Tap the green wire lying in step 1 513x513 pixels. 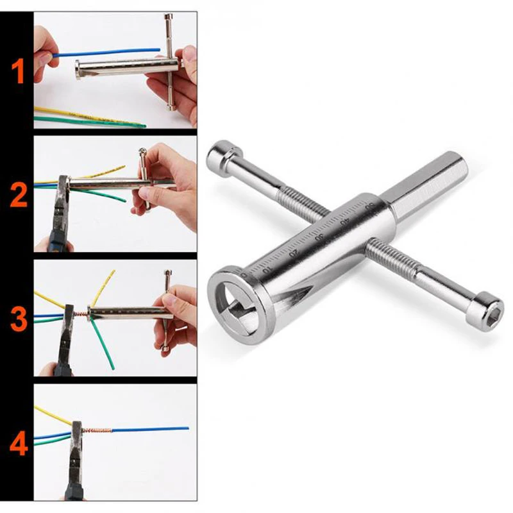coord(90,121)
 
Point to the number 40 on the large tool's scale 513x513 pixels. coord(346,220)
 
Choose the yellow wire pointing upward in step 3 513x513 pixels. coord(106,285)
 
